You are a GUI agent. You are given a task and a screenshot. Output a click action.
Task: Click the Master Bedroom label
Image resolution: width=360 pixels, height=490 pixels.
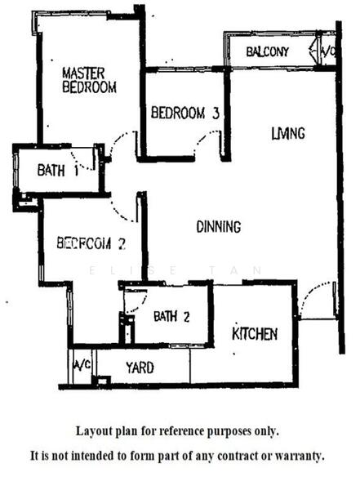89,80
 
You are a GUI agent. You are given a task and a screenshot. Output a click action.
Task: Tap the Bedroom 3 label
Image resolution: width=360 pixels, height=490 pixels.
185,113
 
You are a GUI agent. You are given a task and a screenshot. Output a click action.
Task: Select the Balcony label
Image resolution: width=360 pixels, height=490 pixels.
268,51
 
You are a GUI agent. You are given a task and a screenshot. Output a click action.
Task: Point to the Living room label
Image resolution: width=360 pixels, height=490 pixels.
288,133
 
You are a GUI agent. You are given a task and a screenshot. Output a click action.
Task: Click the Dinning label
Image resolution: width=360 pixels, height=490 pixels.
219,226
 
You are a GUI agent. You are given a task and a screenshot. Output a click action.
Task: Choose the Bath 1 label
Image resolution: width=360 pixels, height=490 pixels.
58,171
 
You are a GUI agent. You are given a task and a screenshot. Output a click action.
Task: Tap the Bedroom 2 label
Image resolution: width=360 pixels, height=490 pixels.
91,243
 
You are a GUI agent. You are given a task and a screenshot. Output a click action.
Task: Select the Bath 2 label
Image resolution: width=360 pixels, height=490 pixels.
171,317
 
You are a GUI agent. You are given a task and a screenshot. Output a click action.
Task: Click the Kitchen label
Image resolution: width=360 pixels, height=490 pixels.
255,334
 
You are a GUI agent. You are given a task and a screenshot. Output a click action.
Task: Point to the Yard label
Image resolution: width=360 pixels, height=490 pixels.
140,367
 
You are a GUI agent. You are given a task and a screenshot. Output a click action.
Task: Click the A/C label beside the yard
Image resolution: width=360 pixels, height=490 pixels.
82,365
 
